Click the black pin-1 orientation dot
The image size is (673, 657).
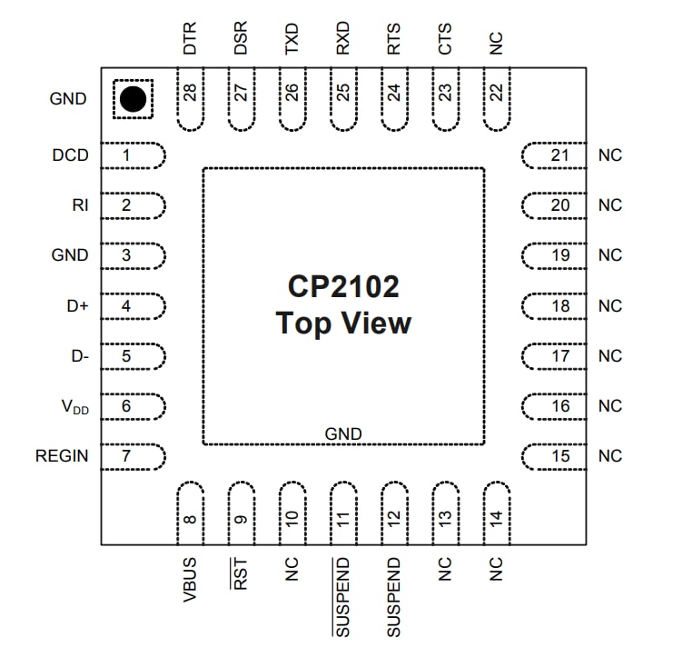[133, 98]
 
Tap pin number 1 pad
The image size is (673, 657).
[130, 155]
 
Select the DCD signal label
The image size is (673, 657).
[70, 155]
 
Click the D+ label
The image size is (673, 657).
[77, 306]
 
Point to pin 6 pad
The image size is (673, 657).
[130, 406]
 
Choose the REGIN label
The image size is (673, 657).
[62, 456]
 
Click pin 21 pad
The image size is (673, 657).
[556, 155]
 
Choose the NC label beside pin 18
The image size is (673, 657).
[610, 306]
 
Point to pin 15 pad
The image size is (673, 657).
[556, 456]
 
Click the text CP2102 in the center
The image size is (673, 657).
[343, 288]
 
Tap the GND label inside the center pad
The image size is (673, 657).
[343, 434]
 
